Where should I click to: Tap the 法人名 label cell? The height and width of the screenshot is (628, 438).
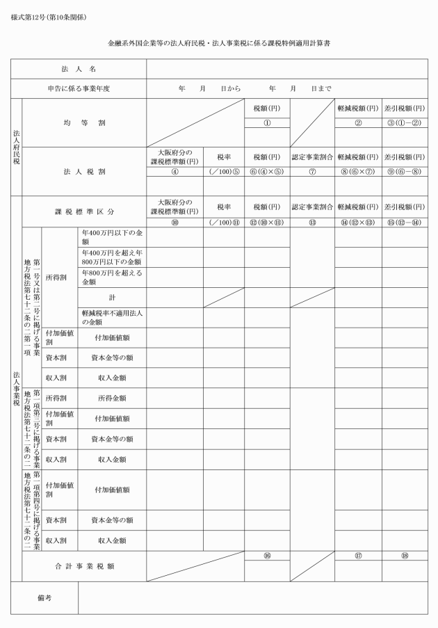click(83, 70)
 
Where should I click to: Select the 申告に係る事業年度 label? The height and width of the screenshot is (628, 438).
click(83, 88)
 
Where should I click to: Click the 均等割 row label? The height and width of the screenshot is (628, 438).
click(83, 122)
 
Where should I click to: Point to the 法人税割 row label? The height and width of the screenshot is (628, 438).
click(83, 170)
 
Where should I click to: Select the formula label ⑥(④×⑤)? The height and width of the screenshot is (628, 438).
click(266, 172)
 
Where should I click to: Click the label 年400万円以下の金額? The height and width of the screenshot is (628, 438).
click(111, 238)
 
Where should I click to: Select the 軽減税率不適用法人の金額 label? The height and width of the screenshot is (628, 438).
click(111, 317)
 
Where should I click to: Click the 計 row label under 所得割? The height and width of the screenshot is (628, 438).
click(111, 296)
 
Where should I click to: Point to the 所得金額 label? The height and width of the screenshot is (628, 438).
click(111, 398)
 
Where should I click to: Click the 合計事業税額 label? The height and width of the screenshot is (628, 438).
click(83, 566)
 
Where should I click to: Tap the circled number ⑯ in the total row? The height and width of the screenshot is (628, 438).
click(266, 556)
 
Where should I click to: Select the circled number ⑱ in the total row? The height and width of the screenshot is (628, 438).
click(404, 556)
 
